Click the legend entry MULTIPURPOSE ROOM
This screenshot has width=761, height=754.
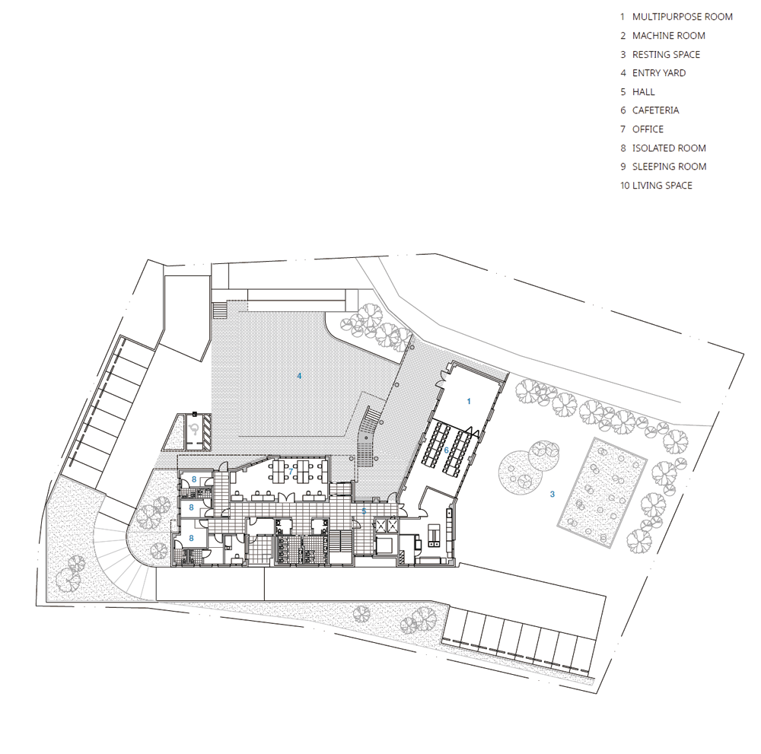[682, 17]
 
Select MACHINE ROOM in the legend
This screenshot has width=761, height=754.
[668, 36]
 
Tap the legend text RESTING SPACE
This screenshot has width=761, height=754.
[666, 54]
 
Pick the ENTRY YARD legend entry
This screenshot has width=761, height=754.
[658, 73]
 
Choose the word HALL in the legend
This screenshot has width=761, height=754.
[643, 92]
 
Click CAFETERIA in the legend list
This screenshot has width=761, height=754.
[655, 110]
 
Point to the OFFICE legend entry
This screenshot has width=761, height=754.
[648, 129]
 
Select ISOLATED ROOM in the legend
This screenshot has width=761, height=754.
[669, 148]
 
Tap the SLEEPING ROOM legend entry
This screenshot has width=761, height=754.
[669, 167]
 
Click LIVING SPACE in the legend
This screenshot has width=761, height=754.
[662, 186]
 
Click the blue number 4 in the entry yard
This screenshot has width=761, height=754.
[299, 376]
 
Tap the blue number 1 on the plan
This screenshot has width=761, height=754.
[468, 401]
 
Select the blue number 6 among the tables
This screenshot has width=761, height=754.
[447, 450]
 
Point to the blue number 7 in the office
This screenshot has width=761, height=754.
[291, 471]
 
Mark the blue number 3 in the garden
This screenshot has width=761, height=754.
[552, 494]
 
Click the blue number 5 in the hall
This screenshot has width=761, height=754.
[364, 511]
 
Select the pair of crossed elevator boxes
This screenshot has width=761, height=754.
[387, 525]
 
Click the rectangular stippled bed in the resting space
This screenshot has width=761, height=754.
[602, 493]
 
